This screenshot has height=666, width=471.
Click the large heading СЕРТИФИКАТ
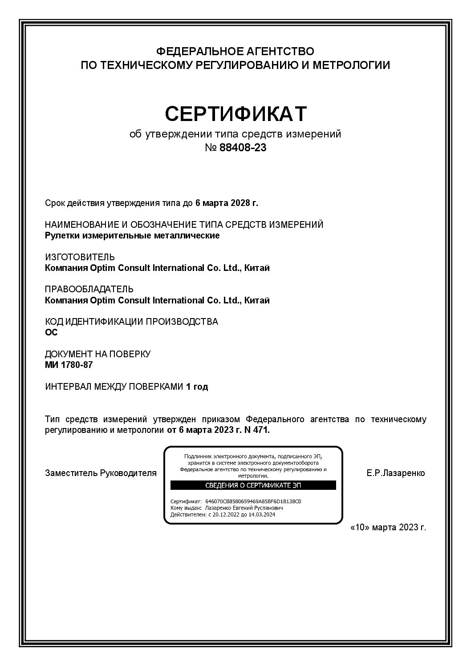[235, 114]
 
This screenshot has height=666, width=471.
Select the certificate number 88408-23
[243, 148]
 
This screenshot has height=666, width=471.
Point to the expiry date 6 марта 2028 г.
[227, 203]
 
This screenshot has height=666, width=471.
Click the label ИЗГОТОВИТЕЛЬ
[80, 257]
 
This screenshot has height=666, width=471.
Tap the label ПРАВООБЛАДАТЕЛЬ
[89, 290]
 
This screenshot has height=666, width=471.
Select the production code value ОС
[52, 332]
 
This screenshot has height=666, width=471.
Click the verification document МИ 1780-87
[69, 365]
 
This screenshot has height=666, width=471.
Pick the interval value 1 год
[197, 387]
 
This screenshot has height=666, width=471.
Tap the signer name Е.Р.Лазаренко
[396, 473]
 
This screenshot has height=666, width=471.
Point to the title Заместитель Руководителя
[101, 473]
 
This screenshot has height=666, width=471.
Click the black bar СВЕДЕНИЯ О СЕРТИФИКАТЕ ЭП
[253, 485]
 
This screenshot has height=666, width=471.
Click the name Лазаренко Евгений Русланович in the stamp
[244, 508]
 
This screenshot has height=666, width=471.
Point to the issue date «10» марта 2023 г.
[388, 527]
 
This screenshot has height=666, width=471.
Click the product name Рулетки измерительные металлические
[132, 236]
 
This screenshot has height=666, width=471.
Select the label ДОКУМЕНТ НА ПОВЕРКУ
[98, 354]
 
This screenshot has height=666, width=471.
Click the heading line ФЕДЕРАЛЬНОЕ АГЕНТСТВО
[235, 51]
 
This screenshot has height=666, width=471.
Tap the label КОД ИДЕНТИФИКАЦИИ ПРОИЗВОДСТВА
[132, 322]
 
